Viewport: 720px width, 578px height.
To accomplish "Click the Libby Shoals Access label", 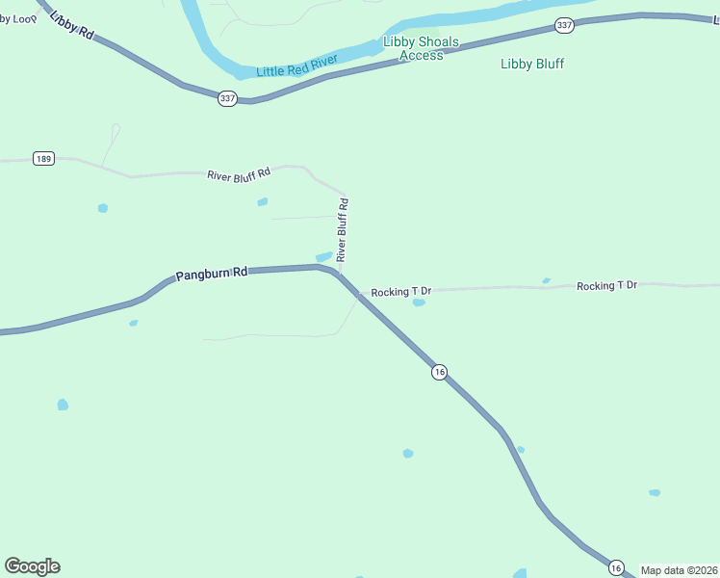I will (x=421, y=48).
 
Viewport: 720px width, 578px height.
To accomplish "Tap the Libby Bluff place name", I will (x=532, y=65).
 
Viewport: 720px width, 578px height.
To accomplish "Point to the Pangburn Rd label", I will (x=211, y=274).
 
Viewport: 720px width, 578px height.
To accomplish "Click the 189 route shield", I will (x=42, y=159).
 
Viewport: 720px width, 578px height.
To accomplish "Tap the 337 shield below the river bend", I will (x=227, y=98).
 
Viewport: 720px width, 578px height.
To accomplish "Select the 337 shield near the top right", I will (x=565, y=26).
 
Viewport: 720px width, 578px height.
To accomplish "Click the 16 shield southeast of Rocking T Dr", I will (x=439, y=372).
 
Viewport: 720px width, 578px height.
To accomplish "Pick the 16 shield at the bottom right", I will (x=616, y=568).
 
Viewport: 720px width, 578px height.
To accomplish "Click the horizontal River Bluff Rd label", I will (x=239, y=173).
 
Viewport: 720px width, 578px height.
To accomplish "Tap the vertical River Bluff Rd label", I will (x=343, y=230).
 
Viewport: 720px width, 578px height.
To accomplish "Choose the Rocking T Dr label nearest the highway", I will (x=400, y=291).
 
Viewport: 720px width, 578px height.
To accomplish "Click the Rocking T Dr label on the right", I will (x=606, y=286).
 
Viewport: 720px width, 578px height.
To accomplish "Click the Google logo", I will (x=32, y=566).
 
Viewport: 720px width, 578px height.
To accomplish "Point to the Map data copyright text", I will (x=679, y=570).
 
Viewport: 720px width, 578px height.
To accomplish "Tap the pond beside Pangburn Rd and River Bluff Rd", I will (x=324, y=256).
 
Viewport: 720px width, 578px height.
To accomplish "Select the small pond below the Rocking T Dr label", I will (x=419, y=302).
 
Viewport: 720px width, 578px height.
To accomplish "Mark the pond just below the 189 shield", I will (x=102, y=208).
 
